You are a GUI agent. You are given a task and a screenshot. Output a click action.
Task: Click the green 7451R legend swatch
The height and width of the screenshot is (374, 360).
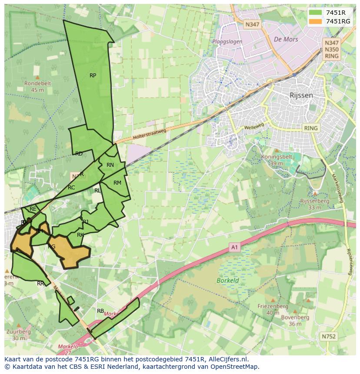point(316,13)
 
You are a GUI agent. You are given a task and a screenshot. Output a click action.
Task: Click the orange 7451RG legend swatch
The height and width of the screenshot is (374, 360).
point(316,21)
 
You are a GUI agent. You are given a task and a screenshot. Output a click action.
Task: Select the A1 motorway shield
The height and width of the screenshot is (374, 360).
point(235,248)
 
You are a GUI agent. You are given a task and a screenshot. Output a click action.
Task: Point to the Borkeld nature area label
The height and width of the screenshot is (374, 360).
point(228,281)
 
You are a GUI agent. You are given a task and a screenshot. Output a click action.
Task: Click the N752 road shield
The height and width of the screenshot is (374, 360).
point(329,336)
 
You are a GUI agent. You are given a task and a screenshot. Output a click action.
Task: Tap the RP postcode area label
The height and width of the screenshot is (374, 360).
point(93,76)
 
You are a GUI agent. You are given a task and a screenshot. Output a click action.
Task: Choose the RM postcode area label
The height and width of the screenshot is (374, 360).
point(117,183)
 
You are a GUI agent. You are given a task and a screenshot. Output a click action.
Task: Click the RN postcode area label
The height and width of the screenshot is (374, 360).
point(110,165)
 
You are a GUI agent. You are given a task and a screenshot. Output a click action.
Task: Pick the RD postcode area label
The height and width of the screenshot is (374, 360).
point(79,154)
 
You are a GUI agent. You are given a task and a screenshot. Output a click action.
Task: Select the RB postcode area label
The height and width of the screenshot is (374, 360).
point(100,311)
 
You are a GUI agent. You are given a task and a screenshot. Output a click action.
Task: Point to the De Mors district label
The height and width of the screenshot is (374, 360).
point(286,39)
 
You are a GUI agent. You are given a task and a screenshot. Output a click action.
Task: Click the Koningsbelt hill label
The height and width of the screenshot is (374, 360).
point(276,157)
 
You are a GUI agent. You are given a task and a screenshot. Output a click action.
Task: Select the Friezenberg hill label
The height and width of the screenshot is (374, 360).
point(273,306)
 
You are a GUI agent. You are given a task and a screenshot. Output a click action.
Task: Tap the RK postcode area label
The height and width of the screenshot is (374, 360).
point(80,235)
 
